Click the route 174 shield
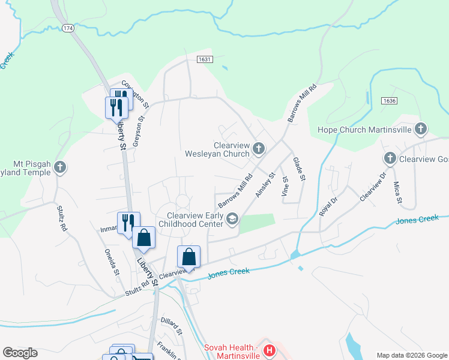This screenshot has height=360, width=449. tap(67, 28)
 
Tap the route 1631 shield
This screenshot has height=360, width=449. tap(205, 59)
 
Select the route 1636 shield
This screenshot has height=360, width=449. tap(390, 101)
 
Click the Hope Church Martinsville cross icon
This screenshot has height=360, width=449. tap(421, 129)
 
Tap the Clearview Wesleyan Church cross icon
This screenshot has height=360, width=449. tap(259, 148)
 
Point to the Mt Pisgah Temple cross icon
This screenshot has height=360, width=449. tap(59, 168)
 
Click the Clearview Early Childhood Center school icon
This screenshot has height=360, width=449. tap(232, 221)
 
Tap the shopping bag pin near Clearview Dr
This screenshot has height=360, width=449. tap(189, 256)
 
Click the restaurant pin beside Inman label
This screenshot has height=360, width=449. tap(128, 223)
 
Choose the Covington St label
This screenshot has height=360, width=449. tap(134, 94)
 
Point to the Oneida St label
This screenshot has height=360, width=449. tap(112, 262)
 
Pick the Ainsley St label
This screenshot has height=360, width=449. tap(265, 185)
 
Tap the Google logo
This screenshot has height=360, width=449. tap(19, 353)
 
